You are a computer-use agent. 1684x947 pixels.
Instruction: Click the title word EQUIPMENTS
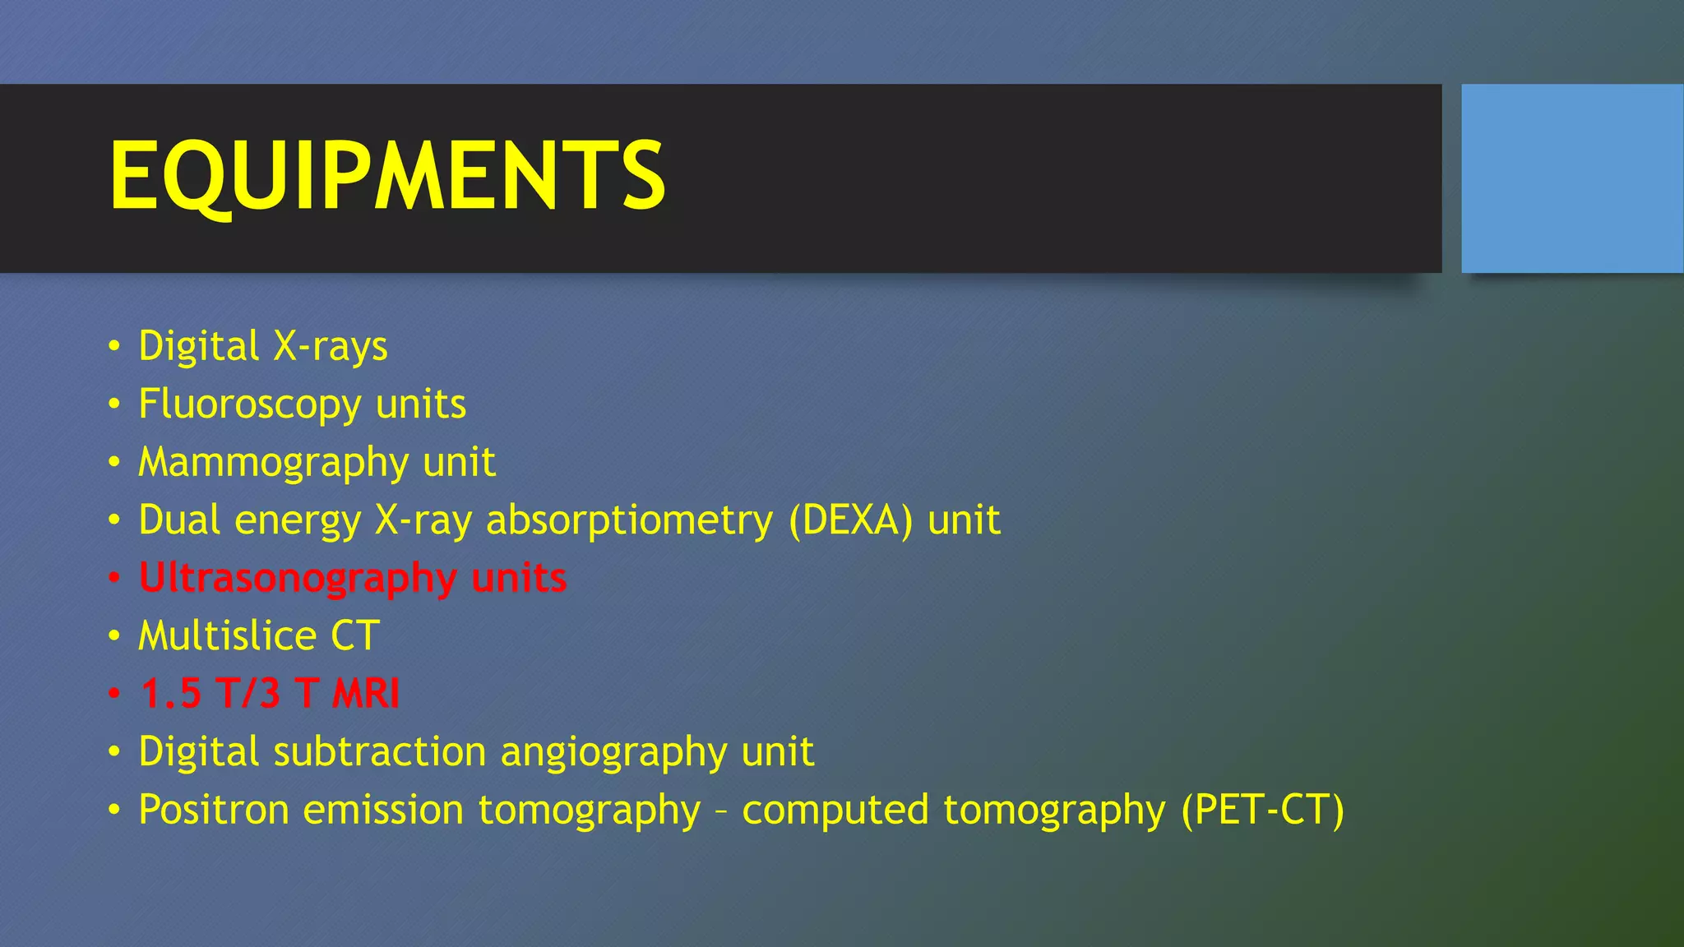coord(386,176)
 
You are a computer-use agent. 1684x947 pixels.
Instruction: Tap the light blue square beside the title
coord(1572,178)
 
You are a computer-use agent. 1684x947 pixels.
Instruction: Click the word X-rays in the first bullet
coord(331,346)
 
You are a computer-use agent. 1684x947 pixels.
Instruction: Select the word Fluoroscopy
coord(250,404)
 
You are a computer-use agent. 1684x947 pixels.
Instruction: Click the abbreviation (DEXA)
coord(850,520)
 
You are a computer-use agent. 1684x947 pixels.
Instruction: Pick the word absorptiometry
coord(630,520)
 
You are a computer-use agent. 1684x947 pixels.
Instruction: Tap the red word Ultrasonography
coord(298,578)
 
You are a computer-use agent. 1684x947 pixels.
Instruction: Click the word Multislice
coord(227,635)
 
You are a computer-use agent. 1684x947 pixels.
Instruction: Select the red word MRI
coord(366,693)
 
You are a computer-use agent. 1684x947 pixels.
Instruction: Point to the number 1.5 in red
coord(171,693)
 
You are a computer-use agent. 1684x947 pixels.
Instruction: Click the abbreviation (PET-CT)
coord(1262,810)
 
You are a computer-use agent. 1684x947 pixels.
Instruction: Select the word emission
coord(383,810)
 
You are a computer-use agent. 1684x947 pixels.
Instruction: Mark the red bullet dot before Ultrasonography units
coord(114,578)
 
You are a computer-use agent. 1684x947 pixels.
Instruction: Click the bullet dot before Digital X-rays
coord(114,346)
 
